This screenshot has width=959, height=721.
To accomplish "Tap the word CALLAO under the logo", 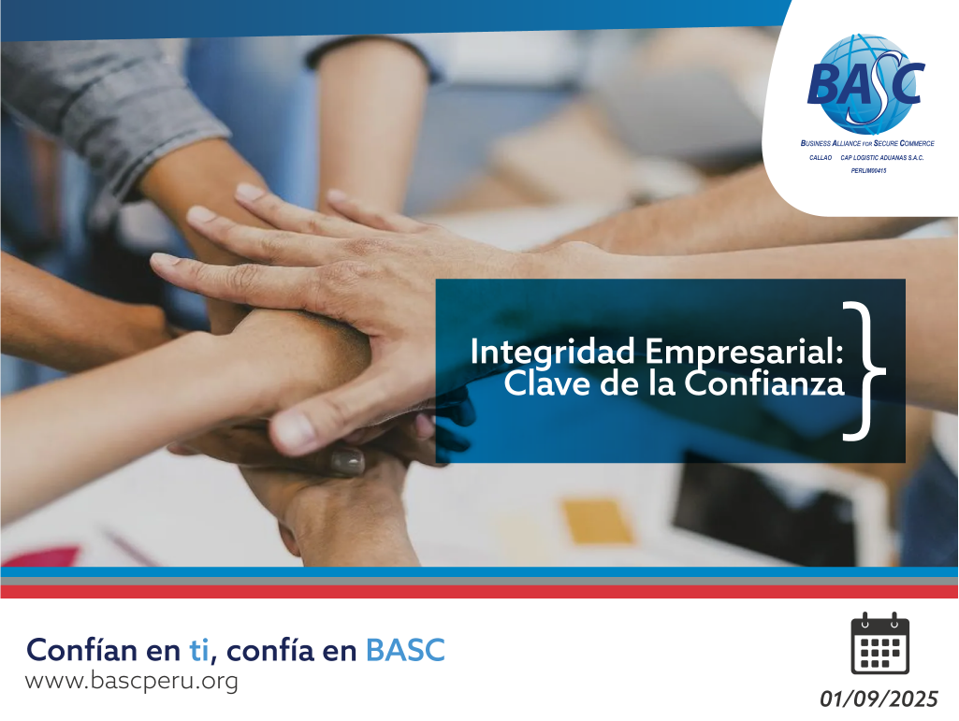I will pos(821,158).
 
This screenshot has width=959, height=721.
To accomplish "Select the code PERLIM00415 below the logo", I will pos(868,171).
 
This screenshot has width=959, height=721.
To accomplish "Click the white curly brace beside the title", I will pos(863,369).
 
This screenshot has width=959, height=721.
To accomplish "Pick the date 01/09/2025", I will pos(879,699).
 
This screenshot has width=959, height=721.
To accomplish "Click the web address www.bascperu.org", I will pos(131,681).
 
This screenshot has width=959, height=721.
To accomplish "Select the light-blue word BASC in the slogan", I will pos(405,649).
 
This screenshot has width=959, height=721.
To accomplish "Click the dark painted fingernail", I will pos(346,460).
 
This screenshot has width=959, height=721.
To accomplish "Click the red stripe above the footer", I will pos(479,591).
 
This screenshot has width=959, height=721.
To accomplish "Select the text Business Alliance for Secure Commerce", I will pos(867,144).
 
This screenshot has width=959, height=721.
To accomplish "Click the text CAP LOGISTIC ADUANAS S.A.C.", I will pos(882,158).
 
